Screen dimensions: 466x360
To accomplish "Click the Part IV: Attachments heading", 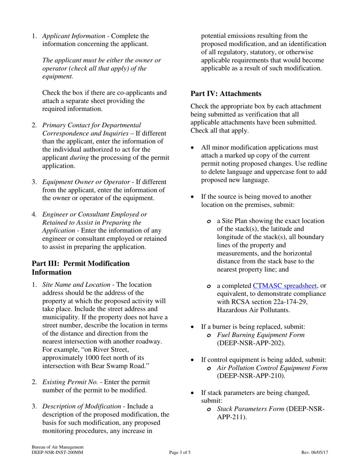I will [226, 93].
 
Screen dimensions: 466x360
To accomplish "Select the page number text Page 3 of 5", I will [180, 452].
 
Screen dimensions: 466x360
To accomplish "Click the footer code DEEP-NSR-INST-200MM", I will [57, 452].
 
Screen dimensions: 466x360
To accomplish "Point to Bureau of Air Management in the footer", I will [58, 447].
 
